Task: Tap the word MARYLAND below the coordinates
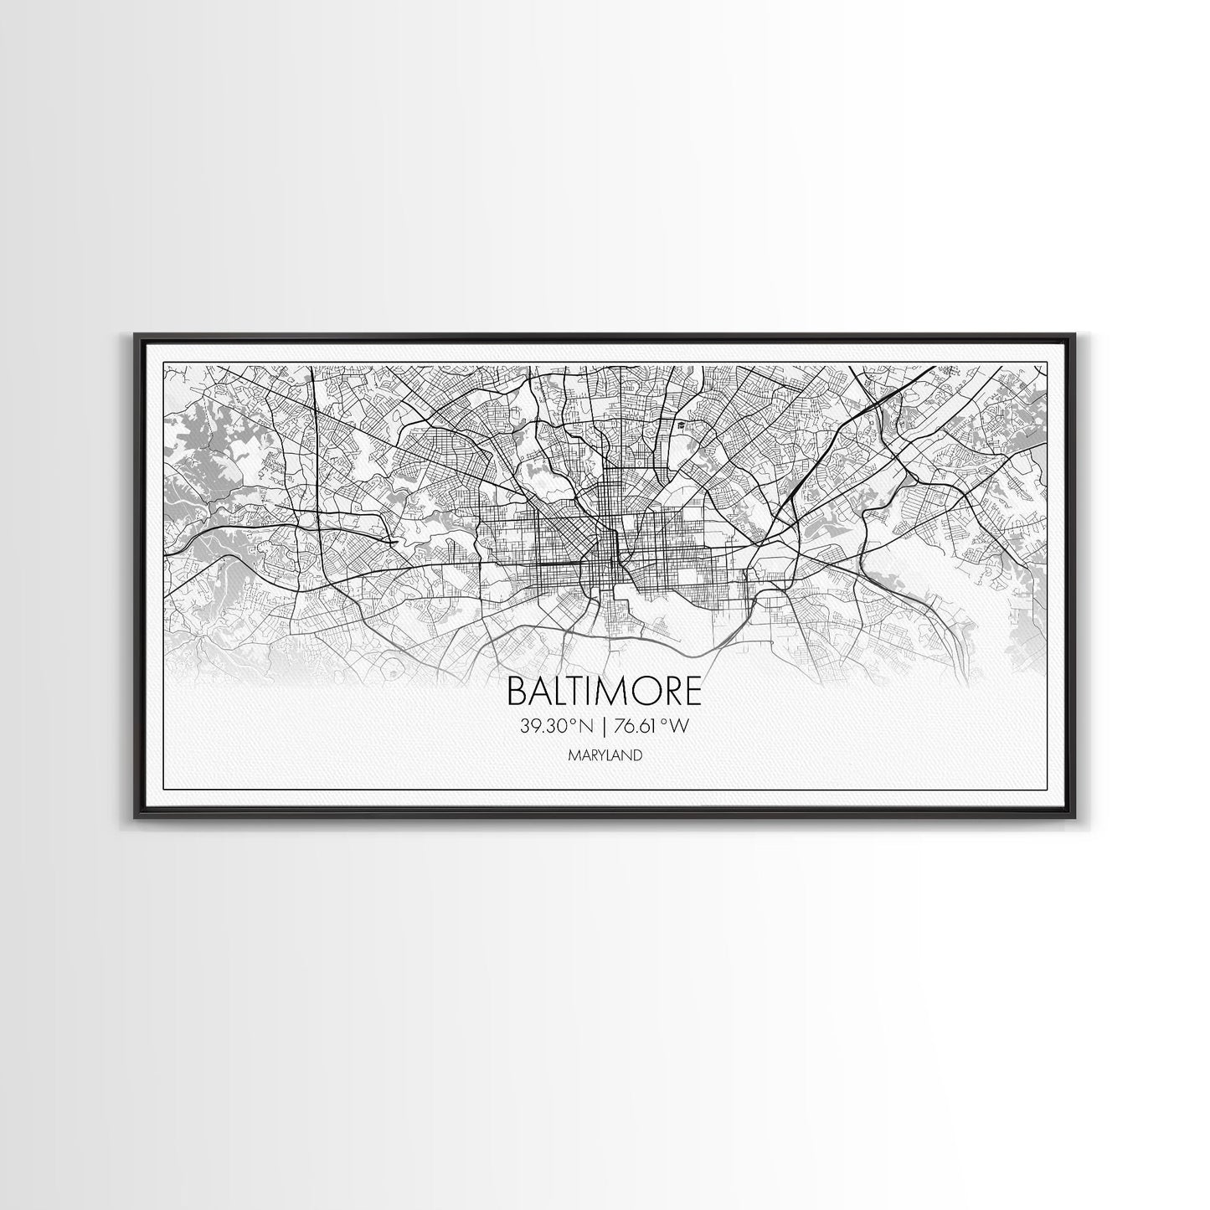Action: click(x=605, y=755)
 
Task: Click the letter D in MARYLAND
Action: click(x=638, y=755)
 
